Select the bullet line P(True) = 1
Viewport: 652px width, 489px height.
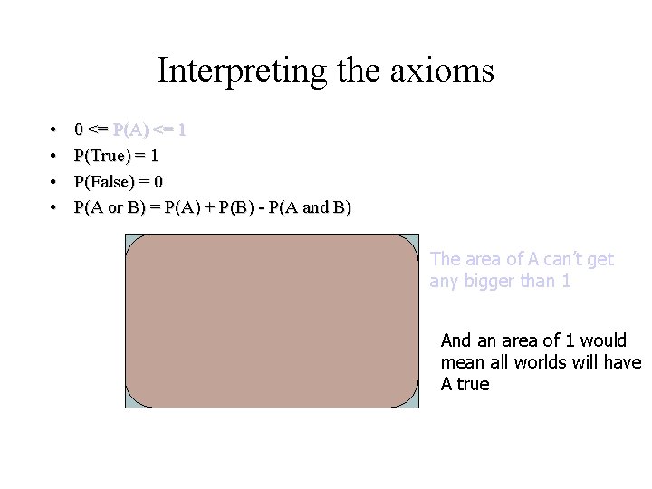117,156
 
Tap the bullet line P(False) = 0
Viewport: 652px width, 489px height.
119,181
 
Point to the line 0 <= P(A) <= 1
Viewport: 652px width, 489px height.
130,129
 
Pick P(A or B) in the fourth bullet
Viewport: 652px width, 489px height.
113,207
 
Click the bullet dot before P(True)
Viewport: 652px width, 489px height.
54,156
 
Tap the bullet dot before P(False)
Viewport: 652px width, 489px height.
54,181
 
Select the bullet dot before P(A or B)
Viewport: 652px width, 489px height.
54,207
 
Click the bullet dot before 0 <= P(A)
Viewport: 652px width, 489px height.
54,129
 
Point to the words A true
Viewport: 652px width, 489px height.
465,384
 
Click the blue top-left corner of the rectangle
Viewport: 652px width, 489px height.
129,239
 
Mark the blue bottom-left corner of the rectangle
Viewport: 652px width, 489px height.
129,403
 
